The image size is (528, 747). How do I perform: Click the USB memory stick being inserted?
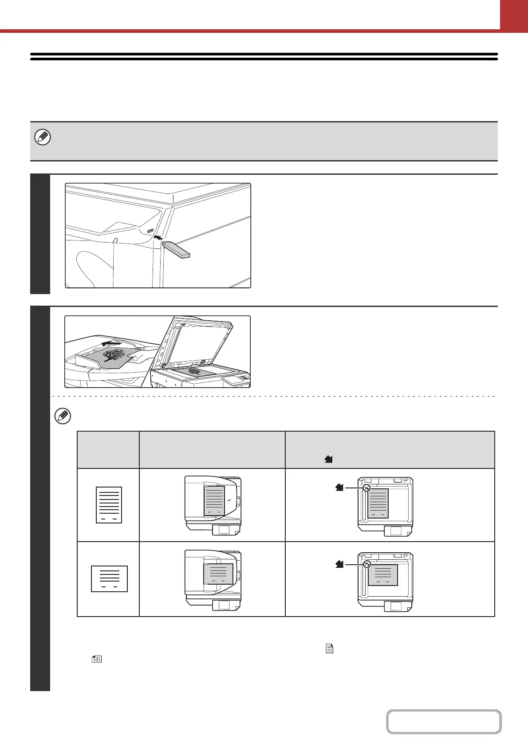click(176, 249)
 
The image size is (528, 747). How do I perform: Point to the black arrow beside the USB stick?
click(157, 238)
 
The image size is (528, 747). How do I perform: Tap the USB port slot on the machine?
click(150, 231)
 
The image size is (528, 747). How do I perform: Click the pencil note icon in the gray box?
click(43, 138)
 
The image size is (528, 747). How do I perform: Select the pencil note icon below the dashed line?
click(63, 417)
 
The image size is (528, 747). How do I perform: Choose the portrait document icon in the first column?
click(109, 505)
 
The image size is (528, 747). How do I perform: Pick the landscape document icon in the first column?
click(109, 578)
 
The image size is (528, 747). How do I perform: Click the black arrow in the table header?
click(328, 460)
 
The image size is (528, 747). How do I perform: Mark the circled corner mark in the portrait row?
click(366, 488)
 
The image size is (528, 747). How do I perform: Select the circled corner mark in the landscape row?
click(366, 564)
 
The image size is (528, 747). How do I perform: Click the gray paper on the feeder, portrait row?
click(214, 501)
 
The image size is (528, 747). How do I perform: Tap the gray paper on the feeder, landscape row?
click(218, 574)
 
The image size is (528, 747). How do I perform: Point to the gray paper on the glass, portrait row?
click(378, 503)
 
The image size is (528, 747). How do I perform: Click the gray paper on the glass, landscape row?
click(382, 575)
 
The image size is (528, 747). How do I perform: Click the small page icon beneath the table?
click(329, 649)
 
